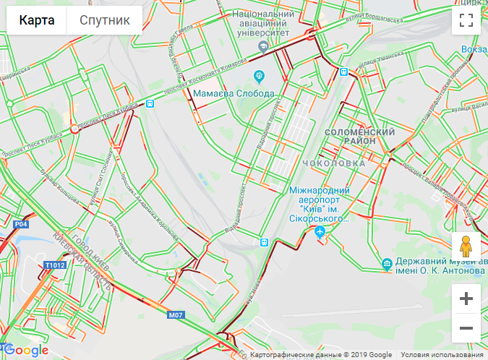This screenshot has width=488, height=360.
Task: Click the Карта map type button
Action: pos(37,20)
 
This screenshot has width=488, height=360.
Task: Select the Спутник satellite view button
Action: pos(105,20)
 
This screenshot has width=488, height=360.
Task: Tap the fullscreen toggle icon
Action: pos(466,20)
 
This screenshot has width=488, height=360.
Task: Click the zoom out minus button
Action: pos(466,328)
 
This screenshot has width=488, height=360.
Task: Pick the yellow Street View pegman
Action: pos(466,247)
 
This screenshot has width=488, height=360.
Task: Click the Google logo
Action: pos(26,351)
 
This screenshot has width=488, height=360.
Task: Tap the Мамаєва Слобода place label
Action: pos(233,94)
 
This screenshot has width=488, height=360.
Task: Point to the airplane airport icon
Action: pos(320,231)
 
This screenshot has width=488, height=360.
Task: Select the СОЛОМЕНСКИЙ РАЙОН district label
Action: pos(359,137)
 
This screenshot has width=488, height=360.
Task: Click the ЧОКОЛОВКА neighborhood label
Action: pos(335,163)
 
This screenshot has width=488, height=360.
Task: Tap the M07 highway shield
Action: pos(176,315)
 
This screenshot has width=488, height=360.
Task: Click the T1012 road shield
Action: pos(54,265)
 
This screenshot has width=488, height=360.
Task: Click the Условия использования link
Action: pos(442,354)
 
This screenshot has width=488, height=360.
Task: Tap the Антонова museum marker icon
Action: pos(388,264)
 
